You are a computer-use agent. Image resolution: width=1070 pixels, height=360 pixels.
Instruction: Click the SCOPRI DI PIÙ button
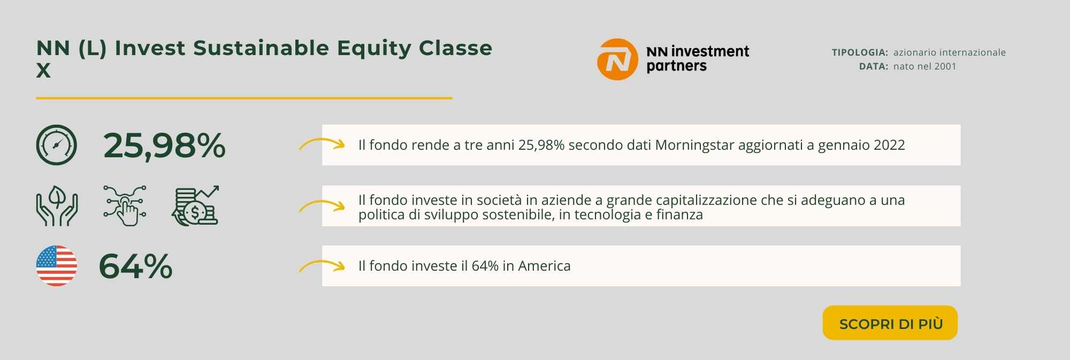coord(890,323)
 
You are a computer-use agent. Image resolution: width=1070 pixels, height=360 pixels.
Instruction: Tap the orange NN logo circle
coord(617,59)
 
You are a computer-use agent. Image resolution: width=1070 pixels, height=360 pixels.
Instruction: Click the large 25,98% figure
coord(164,145)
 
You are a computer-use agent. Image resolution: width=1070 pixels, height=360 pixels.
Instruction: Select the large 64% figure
coord(136,266)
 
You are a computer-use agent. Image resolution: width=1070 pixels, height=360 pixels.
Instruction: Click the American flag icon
coord(56,266)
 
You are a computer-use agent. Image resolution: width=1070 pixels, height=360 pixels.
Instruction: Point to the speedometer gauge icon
coord(56,145)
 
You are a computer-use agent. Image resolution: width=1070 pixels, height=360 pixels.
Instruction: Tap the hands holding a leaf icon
coord(57,206)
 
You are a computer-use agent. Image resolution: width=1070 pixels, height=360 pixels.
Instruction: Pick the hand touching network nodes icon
coord(125,206)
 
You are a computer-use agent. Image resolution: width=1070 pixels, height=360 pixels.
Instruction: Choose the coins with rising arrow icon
coord(196,206)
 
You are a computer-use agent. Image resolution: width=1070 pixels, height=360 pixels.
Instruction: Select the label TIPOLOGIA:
coord(860,52)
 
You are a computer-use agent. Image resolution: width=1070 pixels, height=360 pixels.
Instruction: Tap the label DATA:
coord(874,66)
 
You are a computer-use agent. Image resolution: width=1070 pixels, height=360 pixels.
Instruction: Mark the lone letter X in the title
coord(43,71)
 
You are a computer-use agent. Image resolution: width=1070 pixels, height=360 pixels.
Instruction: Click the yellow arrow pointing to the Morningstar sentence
coord(322,144)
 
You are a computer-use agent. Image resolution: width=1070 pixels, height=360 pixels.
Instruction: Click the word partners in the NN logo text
coord(677,66)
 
